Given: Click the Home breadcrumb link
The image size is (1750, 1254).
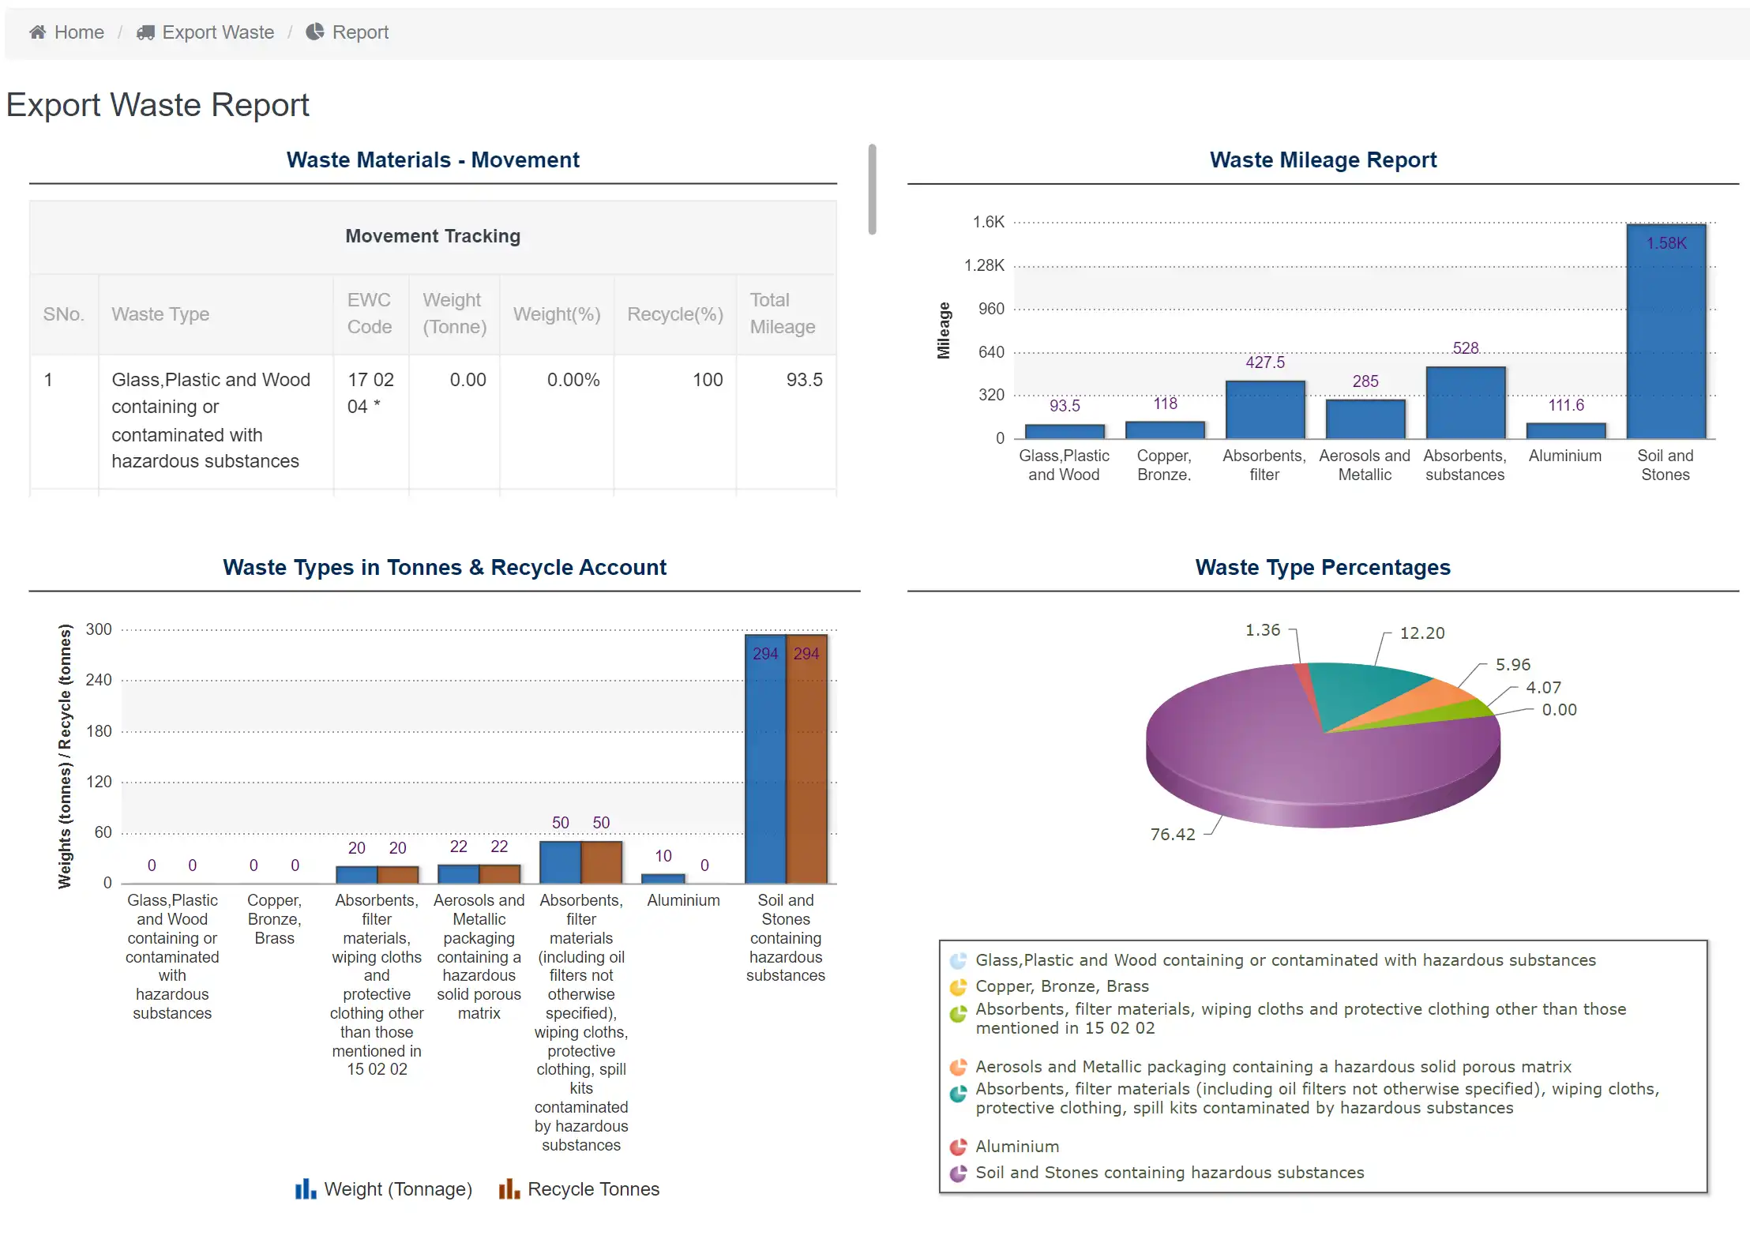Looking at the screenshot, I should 67,32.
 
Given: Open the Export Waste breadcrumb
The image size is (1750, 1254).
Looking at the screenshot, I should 206,32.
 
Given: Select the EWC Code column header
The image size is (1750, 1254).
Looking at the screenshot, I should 370,313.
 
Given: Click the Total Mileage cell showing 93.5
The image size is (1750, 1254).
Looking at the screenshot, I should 803,380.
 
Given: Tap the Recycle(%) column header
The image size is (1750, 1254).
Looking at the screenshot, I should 674,314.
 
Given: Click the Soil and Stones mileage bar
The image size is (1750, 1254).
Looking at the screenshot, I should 1666,332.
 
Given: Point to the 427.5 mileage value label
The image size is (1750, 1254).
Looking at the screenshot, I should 1264,362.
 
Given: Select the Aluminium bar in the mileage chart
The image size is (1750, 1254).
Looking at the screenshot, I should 1565,430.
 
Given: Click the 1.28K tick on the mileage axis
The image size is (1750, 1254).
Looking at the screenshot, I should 984,265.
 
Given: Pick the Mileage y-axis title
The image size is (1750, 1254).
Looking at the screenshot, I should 943,330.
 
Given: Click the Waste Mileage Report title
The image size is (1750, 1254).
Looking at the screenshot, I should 1323,160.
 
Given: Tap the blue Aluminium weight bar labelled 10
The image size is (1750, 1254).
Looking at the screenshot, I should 663,878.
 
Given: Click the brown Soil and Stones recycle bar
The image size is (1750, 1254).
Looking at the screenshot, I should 806,758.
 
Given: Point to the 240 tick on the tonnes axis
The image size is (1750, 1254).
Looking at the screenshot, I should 99,680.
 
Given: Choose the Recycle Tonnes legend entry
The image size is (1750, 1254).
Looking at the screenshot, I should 579,1189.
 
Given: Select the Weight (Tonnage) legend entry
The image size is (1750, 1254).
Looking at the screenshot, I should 384,1189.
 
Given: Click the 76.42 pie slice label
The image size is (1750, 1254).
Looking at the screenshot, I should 1172,835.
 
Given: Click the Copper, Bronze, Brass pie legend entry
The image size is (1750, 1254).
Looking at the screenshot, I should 1061,986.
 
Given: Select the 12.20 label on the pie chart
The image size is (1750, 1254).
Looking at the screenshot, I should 1421,633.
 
